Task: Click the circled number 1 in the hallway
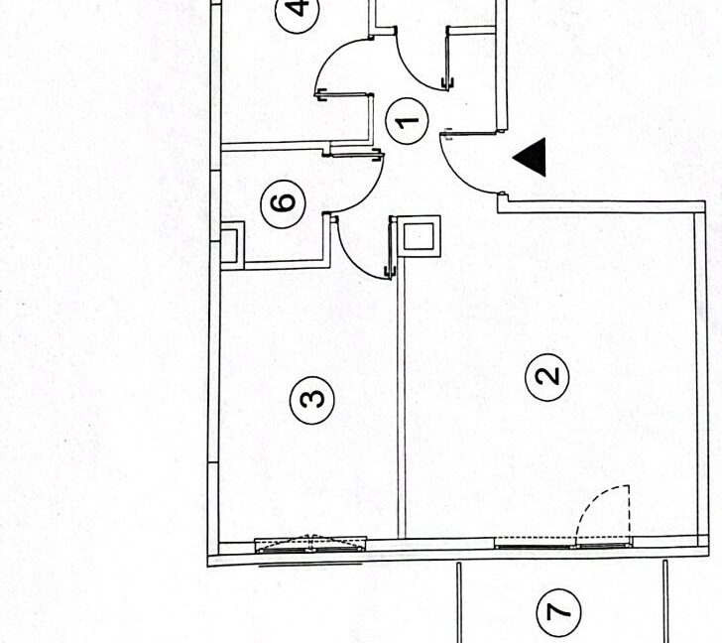pyautogui.click(x=407, y=123)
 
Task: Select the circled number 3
pyautogui.click(x=311, y=399)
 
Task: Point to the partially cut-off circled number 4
pyautogui.click(x=299, y=14)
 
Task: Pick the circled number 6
pyautogui.click(x=283, y=202)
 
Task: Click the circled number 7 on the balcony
pyautogui.click(x=559, y=610)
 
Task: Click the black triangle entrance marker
pyautogui.click(x=532, y=157)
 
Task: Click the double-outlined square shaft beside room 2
pyautogui.click(x=419, y=236)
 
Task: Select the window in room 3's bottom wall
pyautogui.click(x=311, y=544)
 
